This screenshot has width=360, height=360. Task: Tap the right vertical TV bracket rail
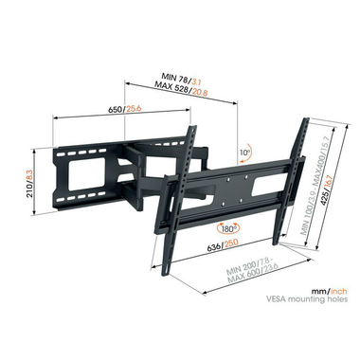click(297, 180)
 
